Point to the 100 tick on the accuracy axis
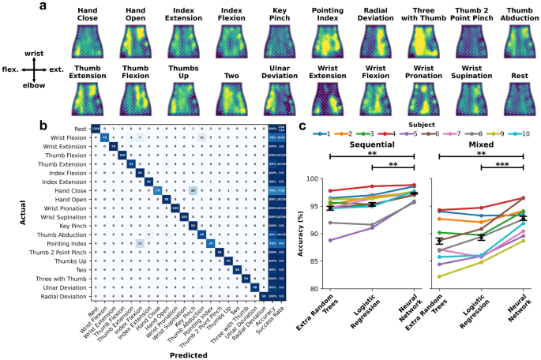tap(317, 179)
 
